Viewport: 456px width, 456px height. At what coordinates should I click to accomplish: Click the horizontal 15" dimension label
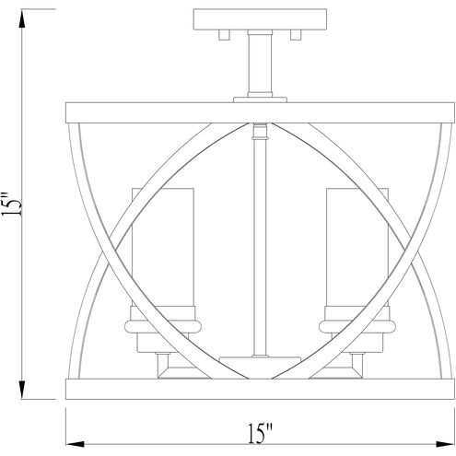pyautogui.click(x=260, y=431)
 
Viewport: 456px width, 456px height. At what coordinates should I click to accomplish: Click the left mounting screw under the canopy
pyautogui.click(x=225, y=37)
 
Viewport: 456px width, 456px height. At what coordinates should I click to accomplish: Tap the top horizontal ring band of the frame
pyautogui.click(x=258, y=118)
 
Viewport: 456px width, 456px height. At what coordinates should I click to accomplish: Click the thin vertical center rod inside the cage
pyautogui.click(x=258, y=240)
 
